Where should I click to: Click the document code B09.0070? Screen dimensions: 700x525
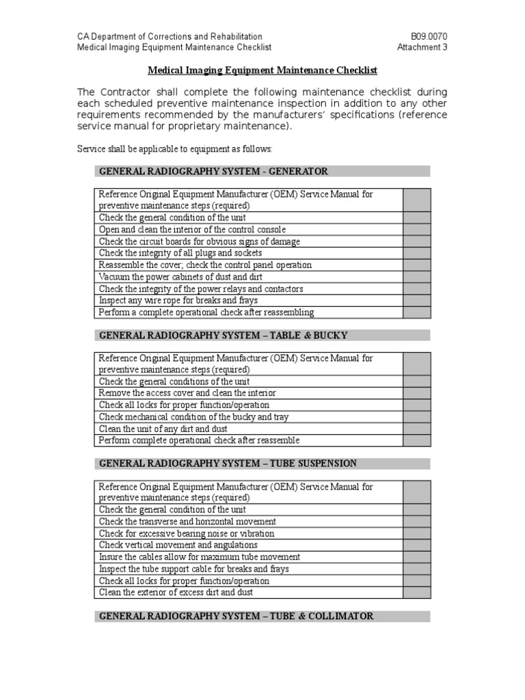coord(429,36)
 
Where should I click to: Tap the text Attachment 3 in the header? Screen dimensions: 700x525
coord(422,47)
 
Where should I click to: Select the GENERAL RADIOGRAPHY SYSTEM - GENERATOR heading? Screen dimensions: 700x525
coord(214,171)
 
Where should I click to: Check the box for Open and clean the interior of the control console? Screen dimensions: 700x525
coord(417,230)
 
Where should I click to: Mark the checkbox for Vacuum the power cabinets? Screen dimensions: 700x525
coord(417,277)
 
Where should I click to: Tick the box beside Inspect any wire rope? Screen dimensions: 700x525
coord(417,300)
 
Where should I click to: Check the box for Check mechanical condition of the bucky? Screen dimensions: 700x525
coord(417,417)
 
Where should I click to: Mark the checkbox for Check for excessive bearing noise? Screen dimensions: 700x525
coord(417,533)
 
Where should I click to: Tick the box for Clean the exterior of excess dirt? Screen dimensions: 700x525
coord(417,592)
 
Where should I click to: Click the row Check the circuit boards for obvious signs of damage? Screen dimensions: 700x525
coord(200,241)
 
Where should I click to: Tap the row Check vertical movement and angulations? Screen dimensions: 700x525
coord(178,545)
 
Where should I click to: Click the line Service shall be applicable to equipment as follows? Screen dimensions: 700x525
coord(175,148)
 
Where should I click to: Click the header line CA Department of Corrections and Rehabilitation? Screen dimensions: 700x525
coord(169,36)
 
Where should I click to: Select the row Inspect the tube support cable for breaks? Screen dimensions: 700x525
coord(194,569)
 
